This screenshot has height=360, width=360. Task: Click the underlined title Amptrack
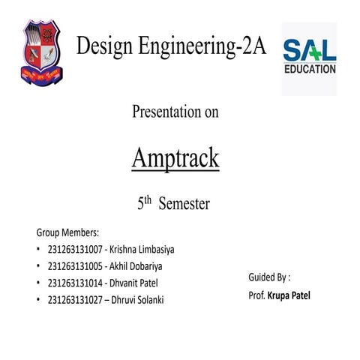coord(175,158)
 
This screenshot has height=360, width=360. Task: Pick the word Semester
coord(184,204)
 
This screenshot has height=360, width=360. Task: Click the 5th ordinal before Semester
coord(145,203)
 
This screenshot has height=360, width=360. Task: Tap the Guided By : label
coord(269,277)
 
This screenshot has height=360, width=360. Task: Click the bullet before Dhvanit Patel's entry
coord(38,283)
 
